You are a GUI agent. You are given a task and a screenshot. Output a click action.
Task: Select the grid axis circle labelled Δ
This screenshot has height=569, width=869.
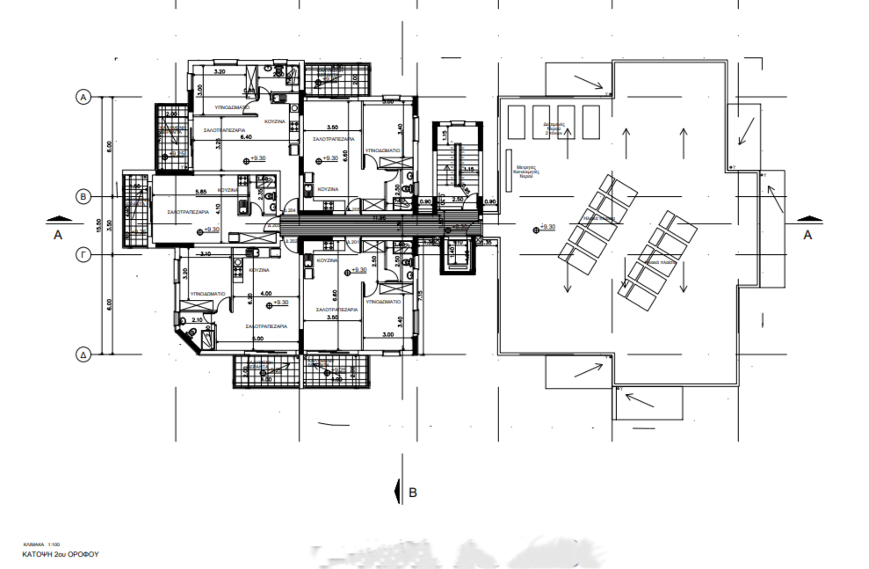[85, 354]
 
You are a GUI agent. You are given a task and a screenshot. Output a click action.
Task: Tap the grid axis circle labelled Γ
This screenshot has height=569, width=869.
[85, 254]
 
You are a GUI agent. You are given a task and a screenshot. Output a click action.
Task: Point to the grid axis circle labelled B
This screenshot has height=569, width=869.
[85, 196]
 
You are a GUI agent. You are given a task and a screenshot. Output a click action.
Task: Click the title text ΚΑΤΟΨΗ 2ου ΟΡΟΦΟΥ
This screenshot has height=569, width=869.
[58, 556]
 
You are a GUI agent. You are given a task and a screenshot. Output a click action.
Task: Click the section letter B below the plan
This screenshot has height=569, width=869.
[413, 492]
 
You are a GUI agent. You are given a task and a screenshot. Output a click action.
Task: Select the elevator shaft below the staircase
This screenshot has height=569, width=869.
[456, 254]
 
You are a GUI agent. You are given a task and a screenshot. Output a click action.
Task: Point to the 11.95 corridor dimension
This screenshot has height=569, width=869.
[379, 216]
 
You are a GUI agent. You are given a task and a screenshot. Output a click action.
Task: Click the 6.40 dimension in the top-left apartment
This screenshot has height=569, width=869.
[221, 137]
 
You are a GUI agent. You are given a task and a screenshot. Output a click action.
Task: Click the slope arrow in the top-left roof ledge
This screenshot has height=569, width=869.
[588, 81]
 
